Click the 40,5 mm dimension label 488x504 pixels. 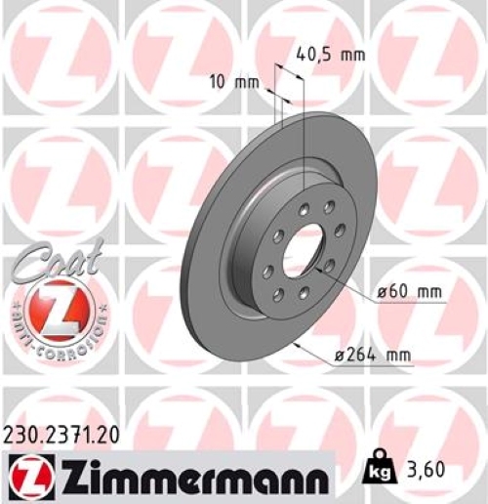click(331, 54)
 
